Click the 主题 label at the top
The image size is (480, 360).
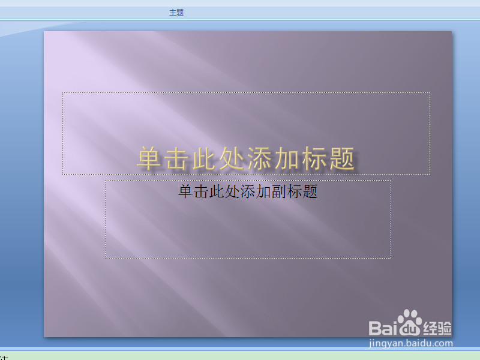[x=176, y=12]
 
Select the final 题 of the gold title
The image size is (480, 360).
[x=341, y=159]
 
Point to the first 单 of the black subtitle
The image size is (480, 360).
[x=185, y=192]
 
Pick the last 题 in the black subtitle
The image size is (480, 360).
[x=310, y=192]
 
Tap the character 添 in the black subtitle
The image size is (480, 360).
[x=248, y=192]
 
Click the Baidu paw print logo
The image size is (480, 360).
[x=411, y=324]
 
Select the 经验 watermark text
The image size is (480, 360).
[x=437, y=328]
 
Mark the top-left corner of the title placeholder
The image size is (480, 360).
[x=62, y=92]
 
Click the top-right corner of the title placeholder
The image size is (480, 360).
[x=430, y=92]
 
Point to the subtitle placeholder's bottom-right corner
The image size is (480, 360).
[x=391, y=258]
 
